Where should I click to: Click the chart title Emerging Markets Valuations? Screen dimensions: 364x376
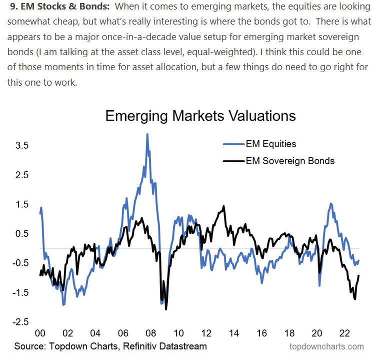coord(200,116)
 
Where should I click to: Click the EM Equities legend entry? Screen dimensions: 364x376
coord(271,144)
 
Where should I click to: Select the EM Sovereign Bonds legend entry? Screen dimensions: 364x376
coord(290,161)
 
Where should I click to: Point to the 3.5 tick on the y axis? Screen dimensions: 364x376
coord(22,145)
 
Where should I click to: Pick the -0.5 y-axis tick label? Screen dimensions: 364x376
coord(20,263)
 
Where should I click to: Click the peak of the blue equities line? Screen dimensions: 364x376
coord(147,134)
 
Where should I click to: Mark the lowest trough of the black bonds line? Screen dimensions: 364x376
coord(166,309)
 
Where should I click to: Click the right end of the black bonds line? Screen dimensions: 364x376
coord(359,276)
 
